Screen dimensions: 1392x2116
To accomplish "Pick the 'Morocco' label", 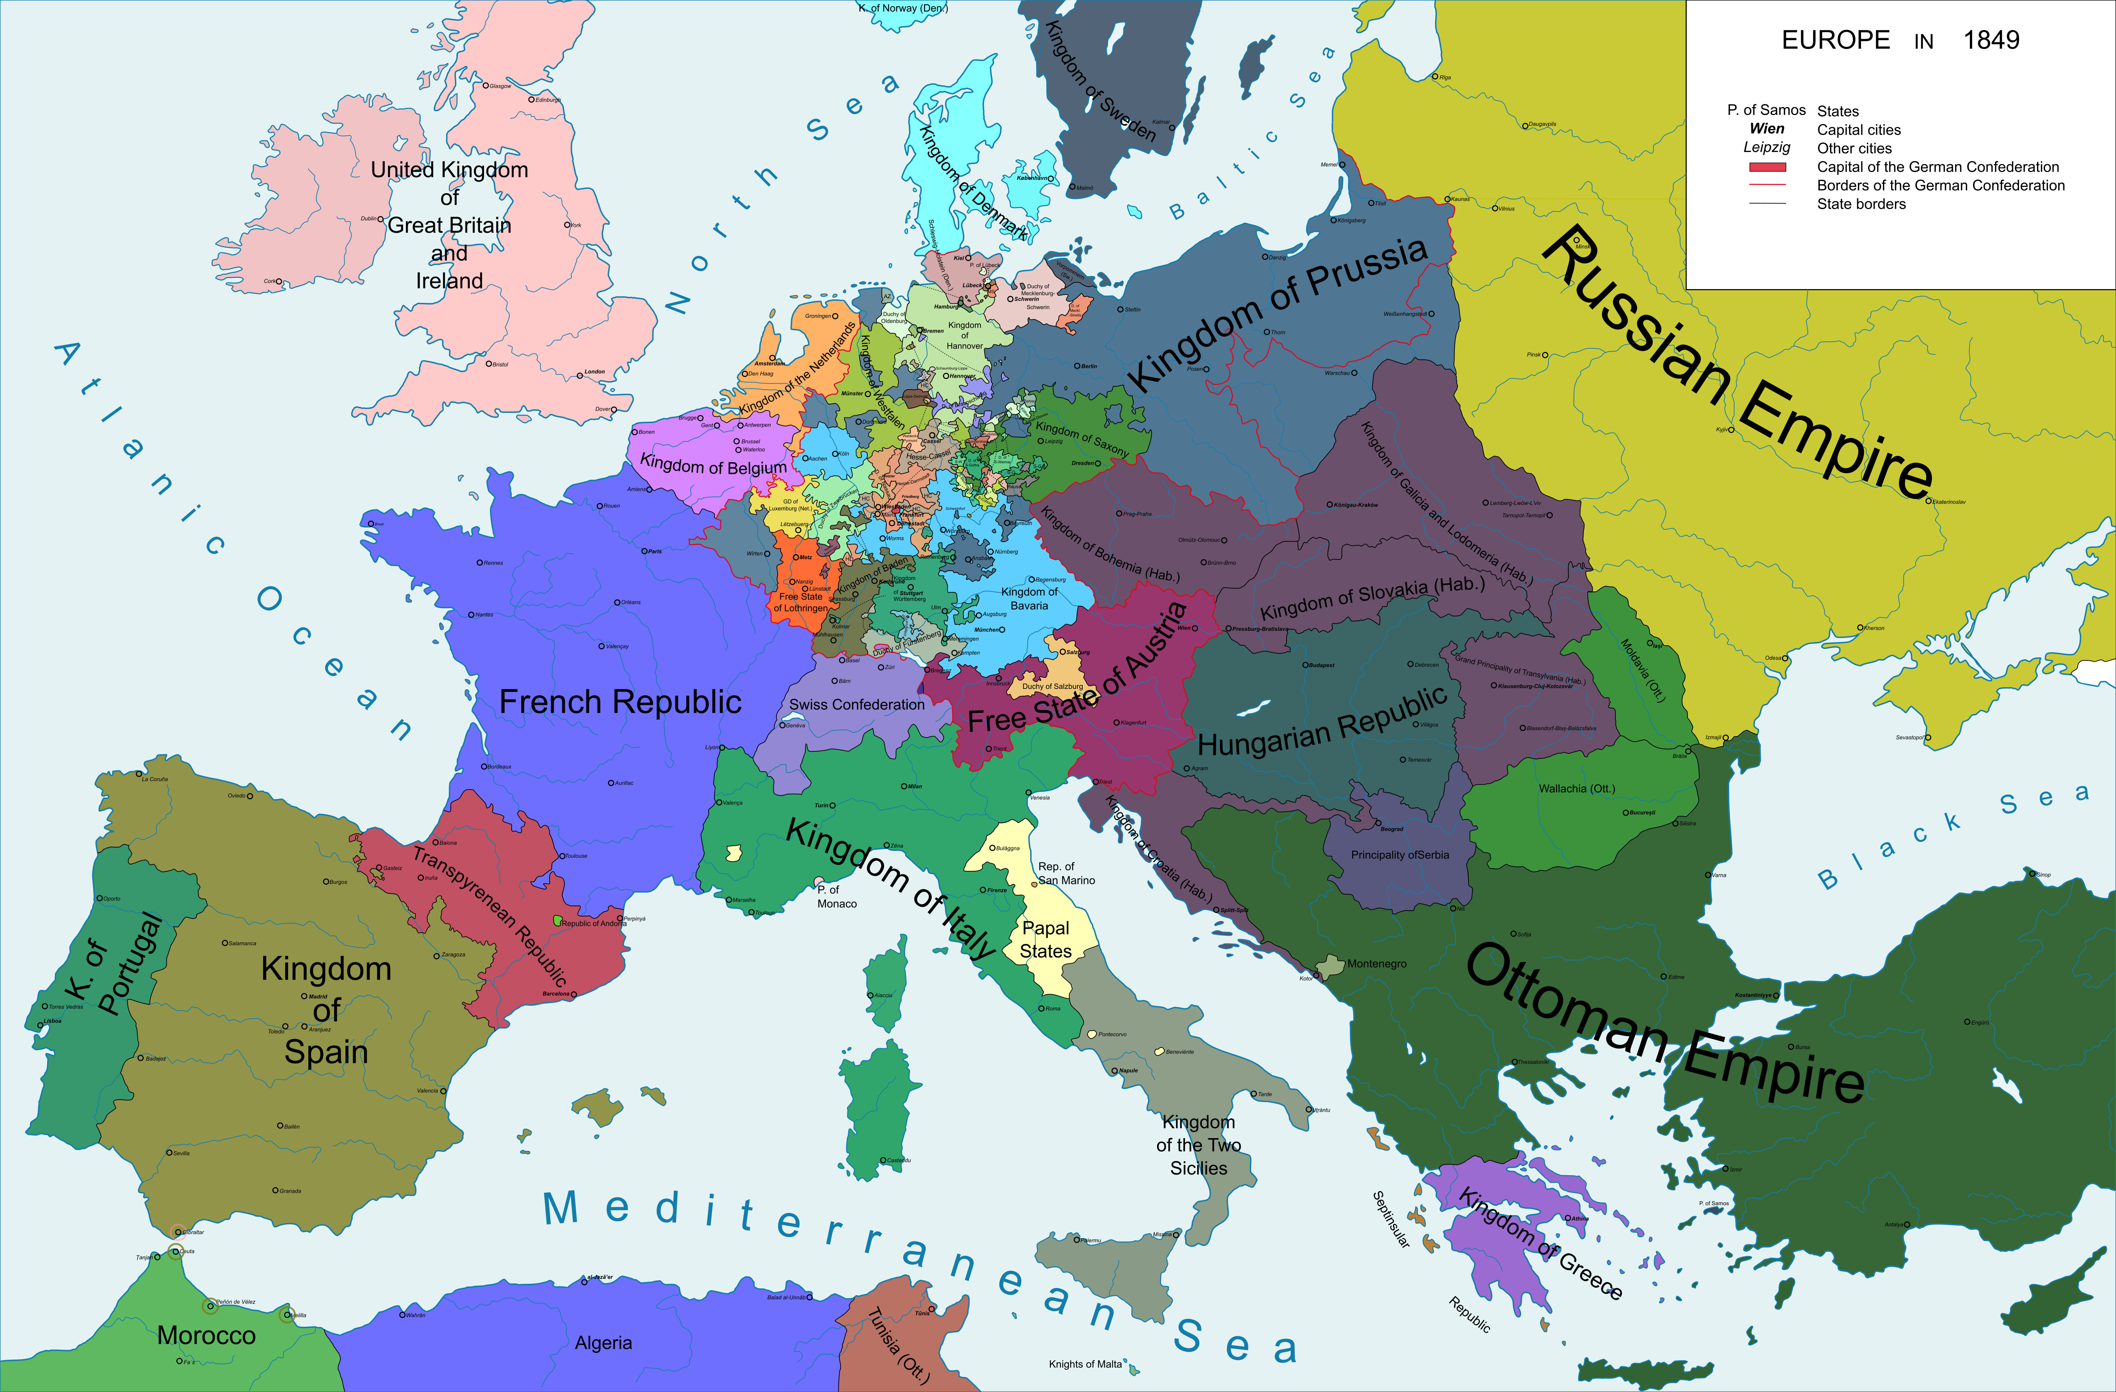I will click(206, 1335).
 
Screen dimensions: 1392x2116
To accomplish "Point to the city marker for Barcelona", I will click(573, 994).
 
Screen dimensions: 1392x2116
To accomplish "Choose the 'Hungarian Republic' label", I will click(1322, 722).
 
